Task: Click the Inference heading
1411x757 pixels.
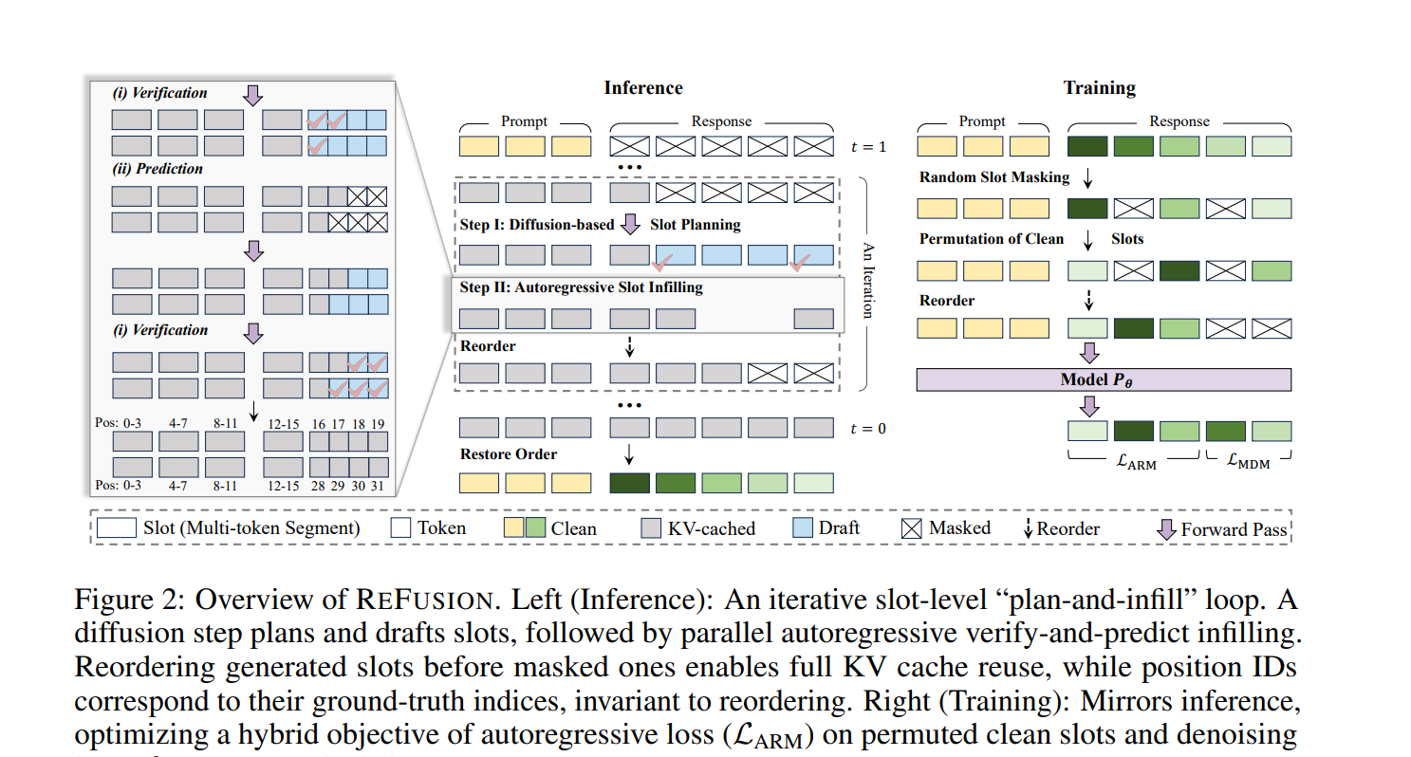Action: point(642,88)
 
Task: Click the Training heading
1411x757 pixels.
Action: point(1099,88)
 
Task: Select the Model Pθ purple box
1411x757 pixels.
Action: point(1103,379)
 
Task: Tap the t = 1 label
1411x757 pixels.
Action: point(868,147)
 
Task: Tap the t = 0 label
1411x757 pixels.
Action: point(868,429)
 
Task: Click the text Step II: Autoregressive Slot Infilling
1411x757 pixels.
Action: point(581,287)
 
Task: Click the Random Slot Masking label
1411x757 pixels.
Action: point(993,177)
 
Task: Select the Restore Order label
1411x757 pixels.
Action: point(509,454)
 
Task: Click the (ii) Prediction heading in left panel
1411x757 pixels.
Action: point(158,169)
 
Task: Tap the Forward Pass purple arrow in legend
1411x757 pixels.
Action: point(1167,528)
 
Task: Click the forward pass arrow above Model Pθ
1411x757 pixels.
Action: point(1089,354)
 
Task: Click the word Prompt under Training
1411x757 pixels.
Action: point(982,121)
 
